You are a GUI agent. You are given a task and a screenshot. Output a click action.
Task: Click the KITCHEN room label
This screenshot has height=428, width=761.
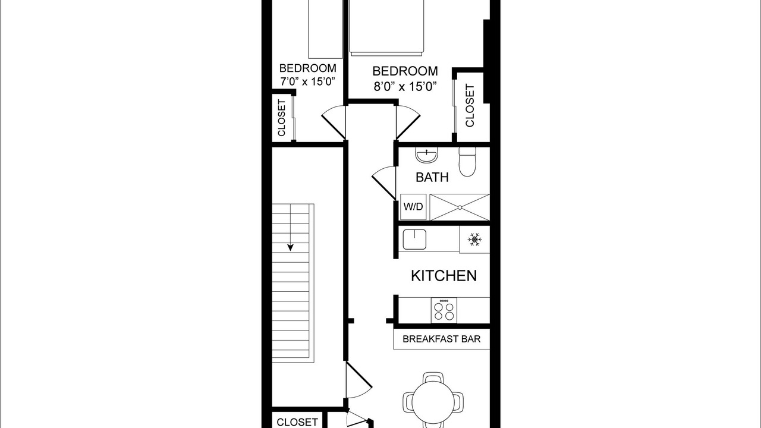pyautogui.click(x=444, y=276)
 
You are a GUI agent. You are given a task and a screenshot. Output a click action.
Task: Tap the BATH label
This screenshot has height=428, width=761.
pyautogui.click(x=432, y=177)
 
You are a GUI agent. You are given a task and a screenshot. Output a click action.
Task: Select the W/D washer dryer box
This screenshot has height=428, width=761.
pyautogui.click(x=413, y=207)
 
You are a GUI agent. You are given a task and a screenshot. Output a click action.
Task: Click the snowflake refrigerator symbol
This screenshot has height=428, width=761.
pyautogui.click(x=474, y=240)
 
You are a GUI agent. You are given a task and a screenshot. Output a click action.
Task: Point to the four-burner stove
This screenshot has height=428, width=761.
pyautogui.click(x=444, y=310)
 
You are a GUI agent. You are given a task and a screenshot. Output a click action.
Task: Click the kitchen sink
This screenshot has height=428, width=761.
pyautogui.click(x=414, y=240)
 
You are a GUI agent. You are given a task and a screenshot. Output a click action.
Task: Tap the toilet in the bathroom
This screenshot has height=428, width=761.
pyautogui.click(x=467, y=162)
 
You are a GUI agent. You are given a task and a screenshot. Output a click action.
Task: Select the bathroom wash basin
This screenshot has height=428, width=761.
pyautogui.click(x=426, y=155)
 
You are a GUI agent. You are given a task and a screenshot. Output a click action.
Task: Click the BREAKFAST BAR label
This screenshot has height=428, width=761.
pyautogui.click(x=441, y=339)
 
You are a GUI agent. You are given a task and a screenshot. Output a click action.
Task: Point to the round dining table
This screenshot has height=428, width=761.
pyautogui.click(x=433, y=402)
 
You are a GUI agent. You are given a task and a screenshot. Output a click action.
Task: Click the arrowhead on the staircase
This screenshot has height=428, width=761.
pyautogui.click(x=290, y=247)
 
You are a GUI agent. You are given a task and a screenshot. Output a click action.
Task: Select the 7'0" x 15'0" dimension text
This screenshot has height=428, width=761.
pyautogui.click(x=307, y=82)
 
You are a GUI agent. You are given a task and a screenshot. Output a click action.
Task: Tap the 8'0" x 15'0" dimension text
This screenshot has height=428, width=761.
pyautogui.click(x=405, y=87)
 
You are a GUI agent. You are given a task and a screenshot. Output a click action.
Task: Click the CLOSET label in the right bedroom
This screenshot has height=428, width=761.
pyautogui.click(x=470, y=106)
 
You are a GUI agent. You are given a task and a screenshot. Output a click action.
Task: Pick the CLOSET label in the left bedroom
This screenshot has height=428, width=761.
pyautogui.click(x=282, y=118)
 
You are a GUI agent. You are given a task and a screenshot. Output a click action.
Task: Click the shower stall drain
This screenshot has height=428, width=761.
pyautogui.click(x=460, y=207)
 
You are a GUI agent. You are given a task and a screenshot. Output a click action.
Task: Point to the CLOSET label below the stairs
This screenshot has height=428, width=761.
pyautogui.click(x=297, y=422)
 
